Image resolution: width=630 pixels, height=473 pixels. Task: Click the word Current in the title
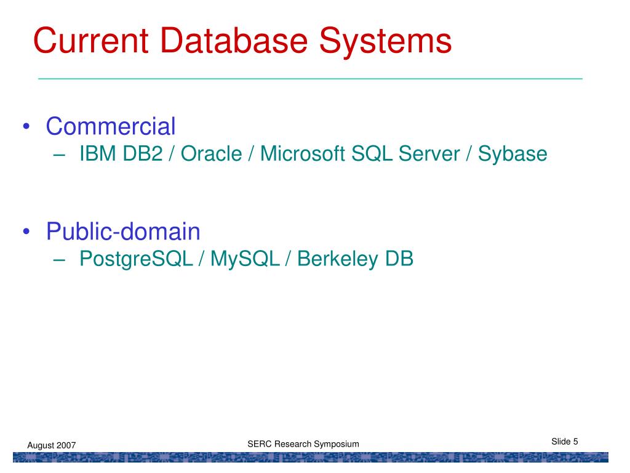click(90, 41)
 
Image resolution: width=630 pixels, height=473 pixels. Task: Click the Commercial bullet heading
click(111, 126)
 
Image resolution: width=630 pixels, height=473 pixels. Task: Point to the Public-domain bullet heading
click(123, 232)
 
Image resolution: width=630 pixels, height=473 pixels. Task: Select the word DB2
click(142, 154)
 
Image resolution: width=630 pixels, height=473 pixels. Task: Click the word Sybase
click(512, 155)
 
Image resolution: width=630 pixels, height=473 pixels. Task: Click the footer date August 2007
click(51, 445)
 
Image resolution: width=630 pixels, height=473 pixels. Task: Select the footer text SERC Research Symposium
click(303, 444)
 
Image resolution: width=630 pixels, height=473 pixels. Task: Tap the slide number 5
click(575, 441)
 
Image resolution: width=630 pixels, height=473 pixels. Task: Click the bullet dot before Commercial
click(26, 127)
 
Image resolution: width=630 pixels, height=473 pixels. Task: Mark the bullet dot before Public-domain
click(26, 233)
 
